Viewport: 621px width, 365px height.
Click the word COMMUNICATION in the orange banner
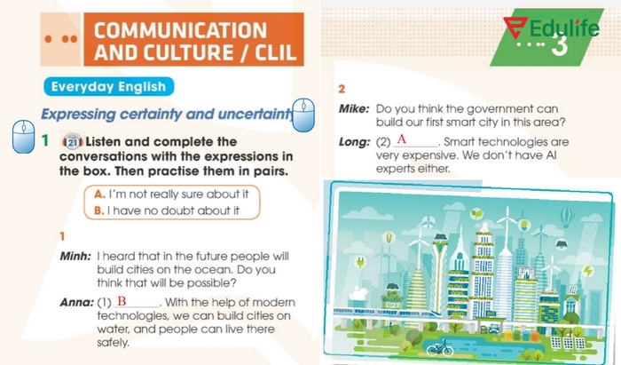click(x=179, y=29)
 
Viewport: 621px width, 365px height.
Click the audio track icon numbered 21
click(x=73, y=142)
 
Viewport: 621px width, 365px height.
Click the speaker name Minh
click(x=75, y=255)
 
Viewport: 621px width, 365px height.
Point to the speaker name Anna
click(x=75, y=303)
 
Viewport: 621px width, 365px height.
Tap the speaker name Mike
click(x=355, y=107)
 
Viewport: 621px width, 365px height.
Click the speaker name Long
click(x=355, y=142)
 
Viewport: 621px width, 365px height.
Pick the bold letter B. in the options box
click(x=99, y=210)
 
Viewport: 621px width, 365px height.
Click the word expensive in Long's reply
click(x=421, y=155)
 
